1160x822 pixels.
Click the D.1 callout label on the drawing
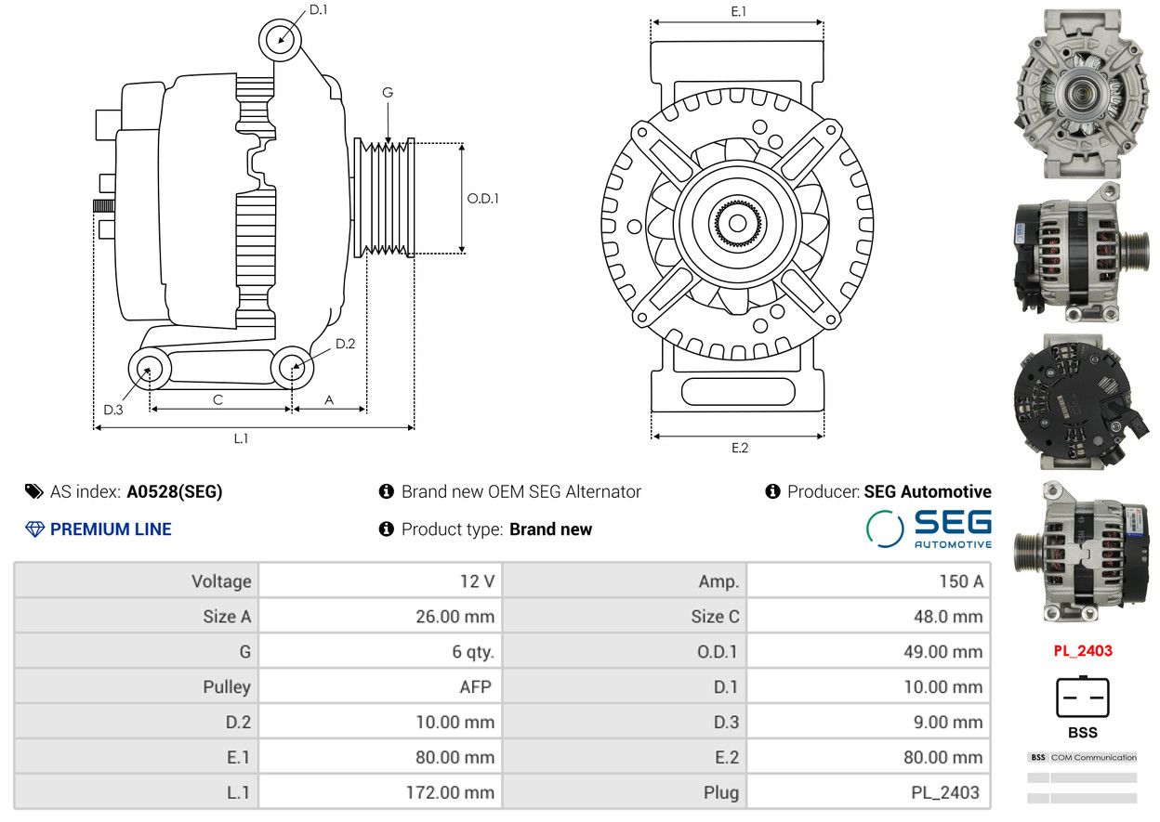[318, 10]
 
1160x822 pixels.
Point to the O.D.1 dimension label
[482, 198]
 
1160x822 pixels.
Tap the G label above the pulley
[388, 93]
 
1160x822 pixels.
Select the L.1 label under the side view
[241, 439]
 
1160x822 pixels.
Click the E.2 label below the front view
[740, 448]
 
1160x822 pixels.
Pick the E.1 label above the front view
[738, 11]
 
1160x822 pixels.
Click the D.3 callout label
[112, 410]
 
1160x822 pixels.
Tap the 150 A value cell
[961, 581]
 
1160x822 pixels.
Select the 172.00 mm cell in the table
[450, 792]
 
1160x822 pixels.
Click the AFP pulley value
[475, 687]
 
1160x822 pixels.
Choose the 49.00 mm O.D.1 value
[943, 652]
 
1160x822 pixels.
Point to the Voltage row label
[221, 581]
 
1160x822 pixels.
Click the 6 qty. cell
[473, 652]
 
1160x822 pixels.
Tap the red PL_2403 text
[1083, 651]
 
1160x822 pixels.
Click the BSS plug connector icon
[1082, 697]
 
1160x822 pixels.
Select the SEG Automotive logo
[929, 528]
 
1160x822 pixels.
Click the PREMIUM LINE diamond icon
[34, 529]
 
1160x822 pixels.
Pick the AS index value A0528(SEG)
[175, 491]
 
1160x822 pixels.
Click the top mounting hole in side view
[280, 40]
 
